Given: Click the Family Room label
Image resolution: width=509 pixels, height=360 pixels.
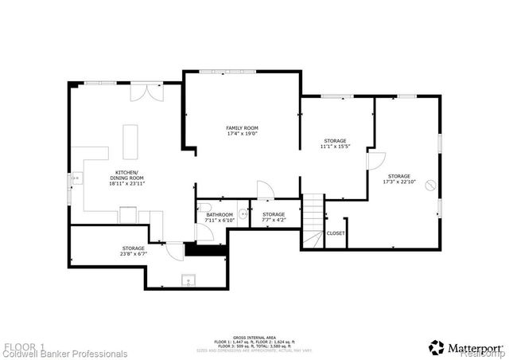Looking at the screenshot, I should click(x=242, y=127).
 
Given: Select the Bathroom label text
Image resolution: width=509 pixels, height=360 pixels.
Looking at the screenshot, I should click(x=219, y=214).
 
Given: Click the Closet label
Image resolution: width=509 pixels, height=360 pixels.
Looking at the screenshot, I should click(x=336, y=233).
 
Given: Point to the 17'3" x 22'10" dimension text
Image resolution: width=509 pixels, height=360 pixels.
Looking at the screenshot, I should click(x=399, y=182).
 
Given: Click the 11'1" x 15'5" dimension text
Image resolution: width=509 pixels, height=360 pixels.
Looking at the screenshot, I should click(x=335, y=147).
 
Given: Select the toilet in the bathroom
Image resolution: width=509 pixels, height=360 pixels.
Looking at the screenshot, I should click(x=243, y=213).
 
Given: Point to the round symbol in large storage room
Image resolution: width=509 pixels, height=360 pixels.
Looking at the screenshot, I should click(x=430, y=186).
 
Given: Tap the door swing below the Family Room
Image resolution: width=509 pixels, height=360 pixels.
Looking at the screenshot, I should click(x=265, y=190).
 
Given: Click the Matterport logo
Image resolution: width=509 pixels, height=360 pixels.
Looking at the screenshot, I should click(x=466, y=347).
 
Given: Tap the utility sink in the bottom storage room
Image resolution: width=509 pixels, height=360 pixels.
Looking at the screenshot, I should click(x=188, y=280).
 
